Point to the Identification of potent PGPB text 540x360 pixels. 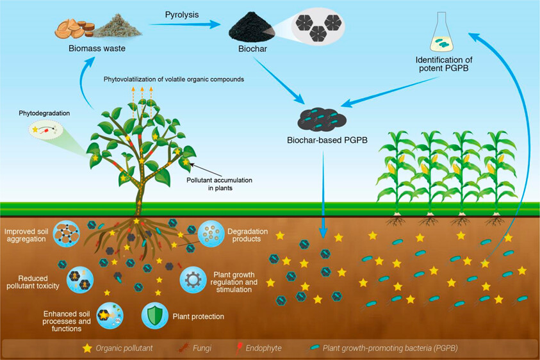coord(441,63)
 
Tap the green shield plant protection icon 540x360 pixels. coord(155,315)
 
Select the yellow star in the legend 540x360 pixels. coord(87,348)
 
